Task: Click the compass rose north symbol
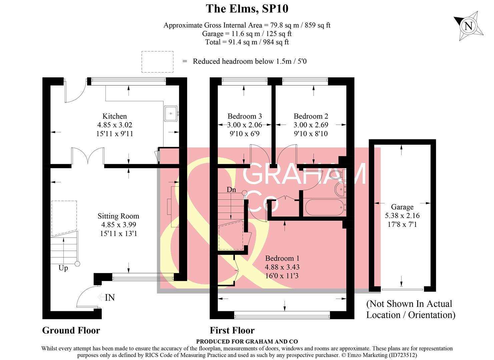click(468, 26)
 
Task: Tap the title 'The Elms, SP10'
click(247, 8)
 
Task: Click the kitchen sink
click(171, 113)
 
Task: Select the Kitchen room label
click(114, 116)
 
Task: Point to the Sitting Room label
click(118, 216)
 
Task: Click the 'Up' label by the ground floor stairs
click(63, 268)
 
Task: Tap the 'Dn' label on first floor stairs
click(231, 190)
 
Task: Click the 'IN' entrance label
click(110, 297)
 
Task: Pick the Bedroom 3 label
click(244, 116)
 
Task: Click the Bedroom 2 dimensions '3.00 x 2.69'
click(311, 125)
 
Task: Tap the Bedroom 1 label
click(282, 258)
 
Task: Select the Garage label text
click(402, 207)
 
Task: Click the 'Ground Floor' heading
click(71, 330)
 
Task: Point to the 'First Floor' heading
click(232, 330)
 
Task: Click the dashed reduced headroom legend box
click(157, 62)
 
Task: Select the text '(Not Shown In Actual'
click(409, 304)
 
